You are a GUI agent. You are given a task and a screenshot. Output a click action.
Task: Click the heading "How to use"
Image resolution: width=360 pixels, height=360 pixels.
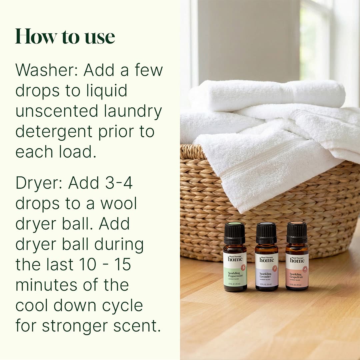point(65,37)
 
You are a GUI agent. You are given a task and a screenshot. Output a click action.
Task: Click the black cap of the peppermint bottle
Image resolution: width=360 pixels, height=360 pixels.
point(235,233)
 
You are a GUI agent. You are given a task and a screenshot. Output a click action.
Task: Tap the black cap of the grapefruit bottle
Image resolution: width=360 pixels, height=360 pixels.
point(297,232)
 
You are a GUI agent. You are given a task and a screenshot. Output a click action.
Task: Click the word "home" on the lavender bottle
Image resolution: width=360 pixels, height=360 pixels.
point(267,260)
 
